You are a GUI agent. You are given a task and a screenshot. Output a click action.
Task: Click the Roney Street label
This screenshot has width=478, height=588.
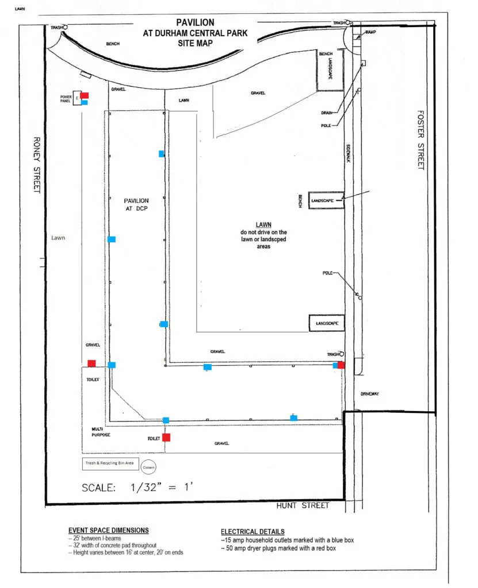37,165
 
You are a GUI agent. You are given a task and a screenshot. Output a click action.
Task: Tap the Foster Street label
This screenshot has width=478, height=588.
421,140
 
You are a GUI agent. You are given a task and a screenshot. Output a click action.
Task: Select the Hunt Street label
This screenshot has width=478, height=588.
303,505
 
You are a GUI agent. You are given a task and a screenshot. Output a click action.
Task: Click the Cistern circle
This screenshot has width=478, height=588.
148,467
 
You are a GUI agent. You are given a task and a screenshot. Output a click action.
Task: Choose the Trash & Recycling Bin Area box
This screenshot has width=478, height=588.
110,463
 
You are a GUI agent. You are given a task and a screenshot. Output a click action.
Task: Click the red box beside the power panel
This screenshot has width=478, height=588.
85,95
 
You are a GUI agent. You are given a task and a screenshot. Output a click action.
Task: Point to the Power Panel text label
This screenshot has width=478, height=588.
66,99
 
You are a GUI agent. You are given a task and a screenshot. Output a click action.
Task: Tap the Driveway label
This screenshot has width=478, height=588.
370,394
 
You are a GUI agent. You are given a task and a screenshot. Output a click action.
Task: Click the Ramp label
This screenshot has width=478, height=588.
370,32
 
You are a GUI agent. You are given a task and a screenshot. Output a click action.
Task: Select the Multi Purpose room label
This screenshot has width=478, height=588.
101,432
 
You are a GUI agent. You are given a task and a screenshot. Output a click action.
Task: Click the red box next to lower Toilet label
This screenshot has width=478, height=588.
166,437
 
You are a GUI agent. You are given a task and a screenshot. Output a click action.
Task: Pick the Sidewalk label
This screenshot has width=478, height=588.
349,153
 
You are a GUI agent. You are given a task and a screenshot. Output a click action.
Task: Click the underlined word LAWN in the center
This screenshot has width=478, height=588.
263,225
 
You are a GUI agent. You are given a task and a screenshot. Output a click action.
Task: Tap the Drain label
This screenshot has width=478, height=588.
327,113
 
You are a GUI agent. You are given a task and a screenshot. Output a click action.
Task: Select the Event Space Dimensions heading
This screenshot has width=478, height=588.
109,530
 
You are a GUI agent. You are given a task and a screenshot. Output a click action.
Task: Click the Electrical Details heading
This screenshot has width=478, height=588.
253,531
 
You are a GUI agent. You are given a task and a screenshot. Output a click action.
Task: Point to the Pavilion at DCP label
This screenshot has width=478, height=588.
136,204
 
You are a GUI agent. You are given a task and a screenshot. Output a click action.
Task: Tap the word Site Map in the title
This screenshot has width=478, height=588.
195,43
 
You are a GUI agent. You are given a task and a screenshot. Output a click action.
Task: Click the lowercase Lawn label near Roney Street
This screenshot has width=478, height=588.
58,238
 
